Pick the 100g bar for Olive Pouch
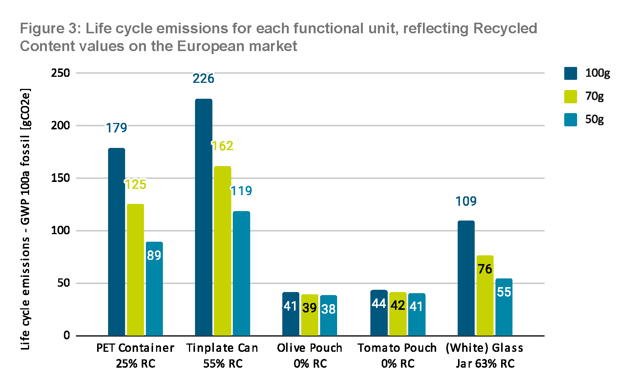pyautogui.click(x=291, y=314)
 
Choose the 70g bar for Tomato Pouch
pyautogui.click(x=398, y=314)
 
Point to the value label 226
pyautogui.click(x=203, y=78)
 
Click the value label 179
pyautogui.click(x=116, y=128)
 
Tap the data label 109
pyautogui.click(x=466, y=201)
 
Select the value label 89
pyautogui.click(x=154, y=255)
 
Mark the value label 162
pyautogui.click(x=222, y=146)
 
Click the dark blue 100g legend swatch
pyautogui.click(x=571, y=73)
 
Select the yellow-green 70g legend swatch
pyautogui.click(x=571, y=96)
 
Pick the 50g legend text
pyautogui.click(x=594, y=120)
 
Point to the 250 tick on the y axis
pyautogui.click(x=60, y=73)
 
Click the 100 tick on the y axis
pyautogui.click(x=60, y=230)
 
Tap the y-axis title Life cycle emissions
pyautogui.click(x=25, y=219)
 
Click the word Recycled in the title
pyautogui.click(x=505, y=28)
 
